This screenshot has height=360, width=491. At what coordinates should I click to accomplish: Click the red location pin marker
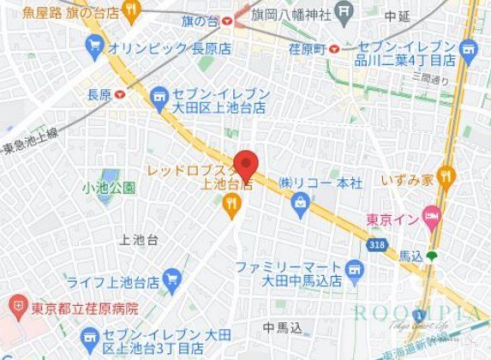pos(246,163)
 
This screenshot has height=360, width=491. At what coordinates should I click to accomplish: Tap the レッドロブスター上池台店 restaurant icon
pos(231,202)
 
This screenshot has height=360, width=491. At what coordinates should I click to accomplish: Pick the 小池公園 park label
pos(108,187)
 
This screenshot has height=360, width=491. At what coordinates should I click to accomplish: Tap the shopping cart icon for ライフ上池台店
pos(171,279)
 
